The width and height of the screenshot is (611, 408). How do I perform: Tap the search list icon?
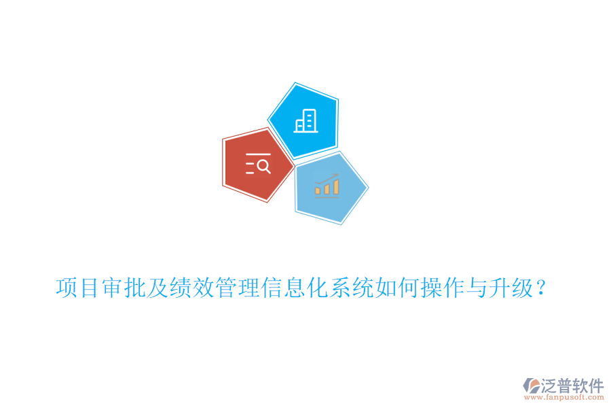click(x=258, y=165)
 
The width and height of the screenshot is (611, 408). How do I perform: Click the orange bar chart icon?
click(x=327, y=185)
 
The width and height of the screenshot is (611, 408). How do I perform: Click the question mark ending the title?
click(x=541, y=288)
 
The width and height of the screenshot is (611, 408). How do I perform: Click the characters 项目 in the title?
click(x=77, y=288)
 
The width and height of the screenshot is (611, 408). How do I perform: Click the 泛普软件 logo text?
click(x=572, y=386)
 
